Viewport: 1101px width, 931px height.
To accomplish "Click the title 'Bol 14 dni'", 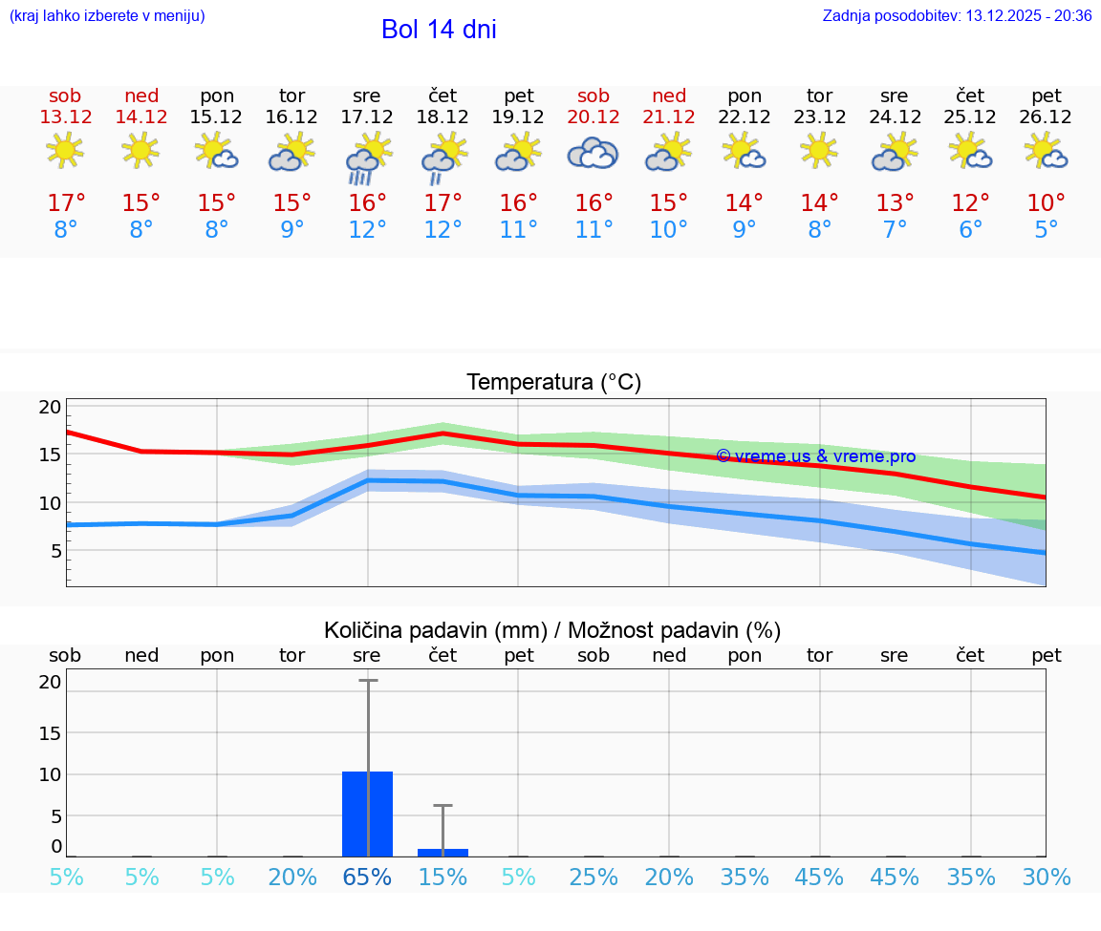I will [x=439, y=30].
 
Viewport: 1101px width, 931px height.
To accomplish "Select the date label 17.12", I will [x=367, y=116].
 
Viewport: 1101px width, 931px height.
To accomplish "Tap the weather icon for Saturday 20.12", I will [x=593, y=154].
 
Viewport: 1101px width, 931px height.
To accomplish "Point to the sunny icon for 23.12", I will [x=819, y=151].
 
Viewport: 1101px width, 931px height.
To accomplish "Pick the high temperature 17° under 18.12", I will [x=443, y=202].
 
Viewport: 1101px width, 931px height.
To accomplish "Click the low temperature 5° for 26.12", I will [x=1047, y=230].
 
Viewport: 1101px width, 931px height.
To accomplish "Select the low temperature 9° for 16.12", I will [x=292, y=230].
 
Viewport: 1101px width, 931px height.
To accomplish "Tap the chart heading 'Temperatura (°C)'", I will [x=553, y=383].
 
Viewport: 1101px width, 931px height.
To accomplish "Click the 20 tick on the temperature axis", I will [x=50, y=407].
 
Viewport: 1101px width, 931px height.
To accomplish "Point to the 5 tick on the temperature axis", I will [x=55, y=551].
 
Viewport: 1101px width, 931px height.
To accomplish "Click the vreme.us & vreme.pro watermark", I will [x=815, y=456].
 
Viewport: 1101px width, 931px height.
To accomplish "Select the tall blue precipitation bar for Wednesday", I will [x=367, y=814].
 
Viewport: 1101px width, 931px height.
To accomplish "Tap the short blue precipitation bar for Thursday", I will [x=443, y=852].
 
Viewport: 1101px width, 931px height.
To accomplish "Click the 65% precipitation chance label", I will [x=367, y=877].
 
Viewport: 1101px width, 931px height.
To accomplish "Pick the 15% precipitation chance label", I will [x=443, y=877].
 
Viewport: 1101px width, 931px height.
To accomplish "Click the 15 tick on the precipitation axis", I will [x=50, y=732].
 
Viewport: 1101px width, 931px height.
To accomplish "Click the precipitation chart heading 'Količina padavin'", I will [x=552, y=630].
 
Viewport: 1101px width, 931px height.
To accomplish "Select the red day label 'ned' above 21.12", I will [x=669, y=95].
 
